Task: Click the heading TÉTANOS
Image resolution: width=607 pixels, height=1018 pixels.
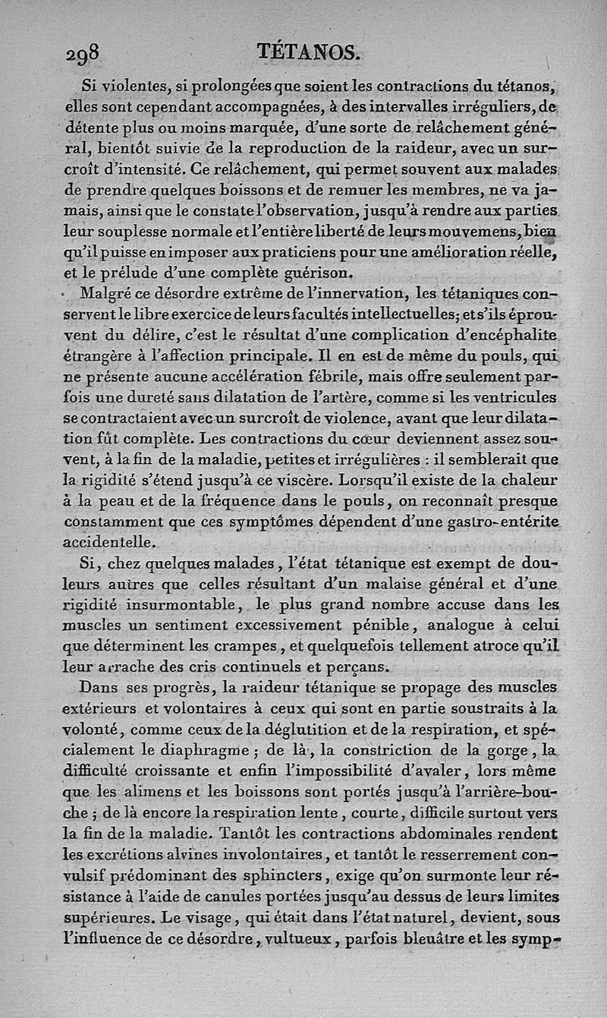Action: tap(307, 52)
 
